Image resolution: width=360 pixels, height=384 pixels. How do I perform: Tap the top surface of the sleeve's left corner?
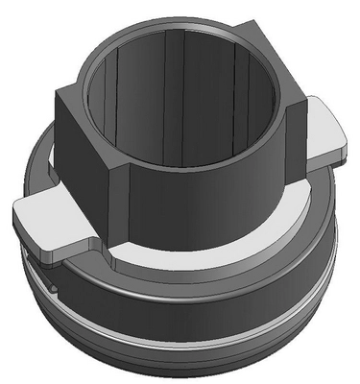point(73,96)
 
